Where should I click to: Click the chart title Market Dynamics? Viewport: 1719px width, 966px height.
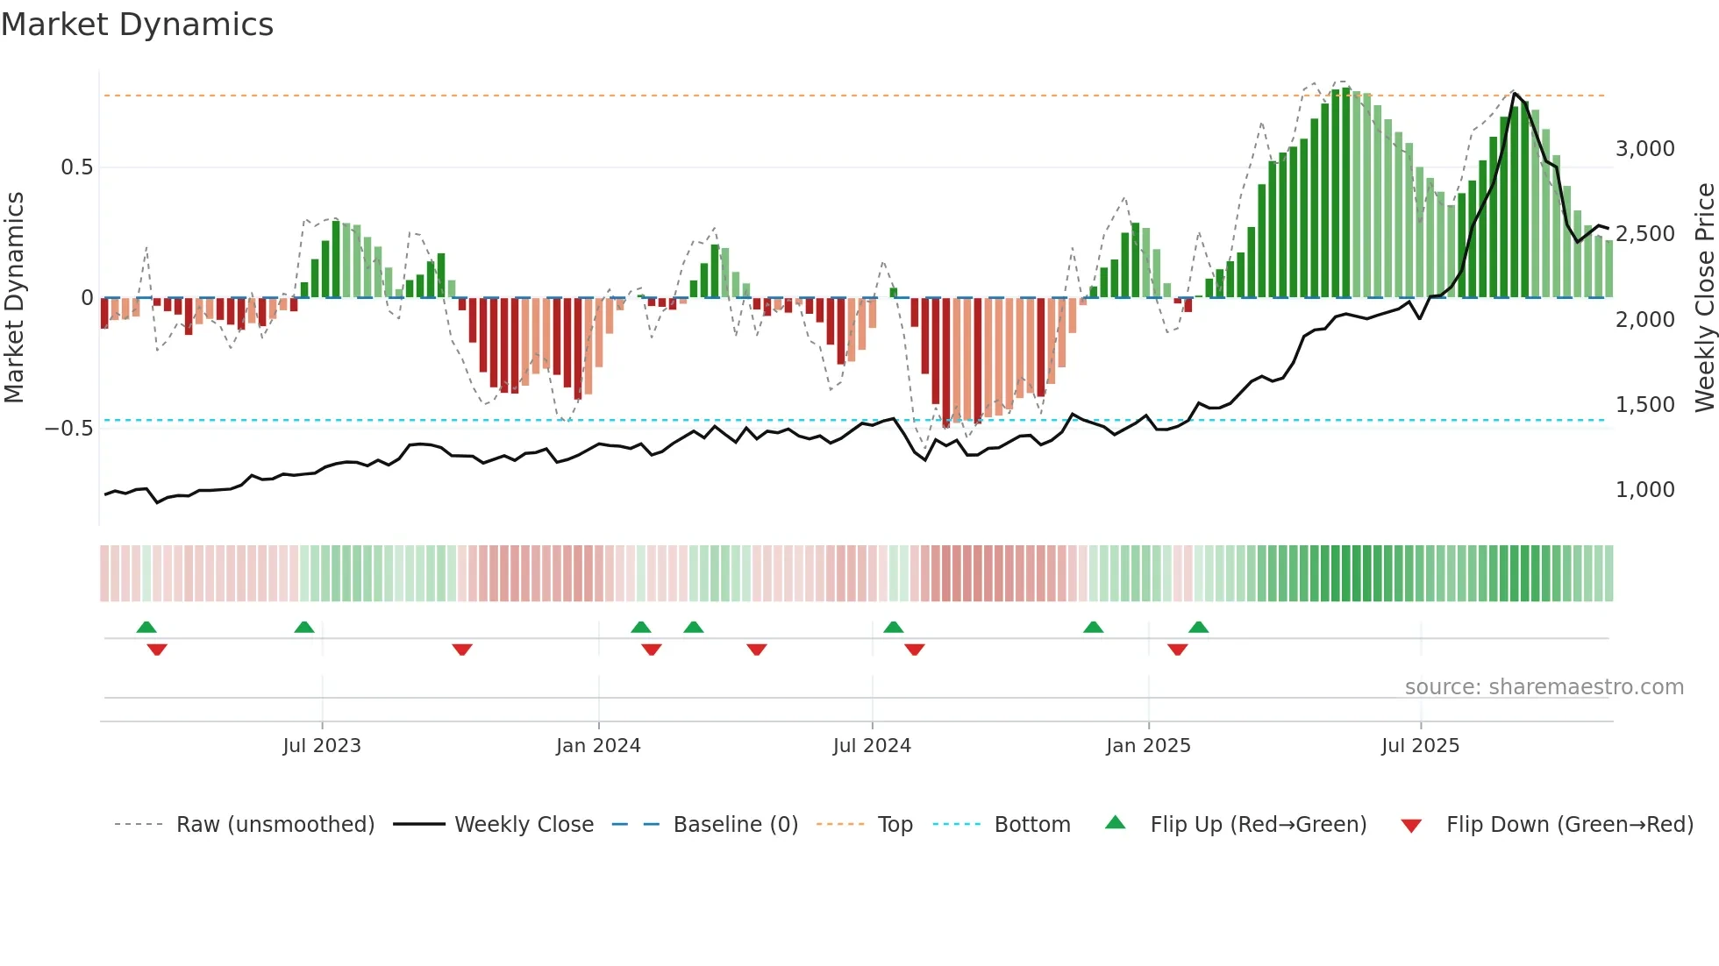point(137,25)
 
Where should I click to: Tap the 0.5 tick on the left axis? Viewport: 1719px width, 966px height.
point(76,167)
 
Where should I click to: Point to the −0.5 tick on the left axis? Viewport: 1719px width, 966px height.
point(69,429)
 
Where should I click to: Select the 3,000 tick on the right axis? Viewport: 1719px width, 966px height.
point(1644,149)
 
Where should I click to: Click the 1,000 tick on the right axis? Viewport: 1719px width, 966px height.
point(1644,490)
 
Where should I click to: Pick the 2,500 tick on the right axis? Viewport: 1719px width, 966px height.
point(1644,234)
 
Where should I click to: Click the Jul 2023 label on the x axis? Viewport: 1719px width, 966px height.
point(322,746)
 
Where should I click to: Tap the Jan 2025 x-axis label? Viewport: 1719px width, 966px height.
point(1148,746)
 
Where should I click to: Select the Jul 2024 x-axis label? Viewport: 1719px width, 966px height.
point(872,746)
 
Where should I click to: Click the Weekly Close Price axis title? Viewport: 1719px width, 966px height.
point(1704,297)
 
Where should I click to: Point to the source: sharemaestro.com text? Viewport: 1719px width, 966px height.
point(1544,687)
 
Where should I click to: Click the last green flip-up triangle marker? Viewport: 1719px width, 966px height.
point(1199,627)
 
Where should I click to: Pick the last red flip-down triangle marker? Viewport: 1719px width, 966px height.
point(1178,650)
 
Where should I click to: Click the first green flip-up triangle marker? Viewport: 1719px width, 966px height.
point(146,627)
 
